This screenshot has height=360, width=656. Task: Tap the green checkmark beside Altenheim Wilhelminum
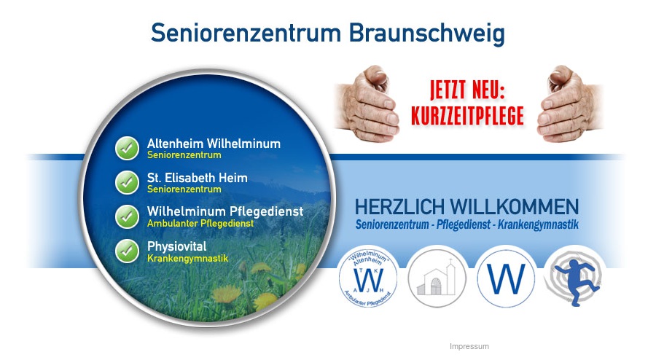click(x=127, y=148)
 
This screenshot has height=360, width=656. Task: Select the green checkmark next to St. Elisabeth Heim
click(x=127, y=182)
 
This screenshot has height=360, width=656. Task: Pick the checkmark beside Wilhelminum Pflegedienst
click(x=127, y=216)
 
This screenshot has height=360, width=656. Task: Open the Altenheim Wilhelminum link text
click(x=214, y=144)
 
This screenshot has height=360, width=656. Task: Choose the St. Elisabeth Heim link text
click(x=197, y=178)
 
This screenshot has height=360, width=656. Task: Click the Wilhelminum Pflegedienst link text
click(x=224, y=211)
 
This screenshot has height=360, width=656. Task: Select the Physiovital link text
click(x=177, y=246)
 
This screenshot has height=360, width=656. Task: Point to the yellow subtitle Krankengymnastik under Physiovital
click(x=187, y=259)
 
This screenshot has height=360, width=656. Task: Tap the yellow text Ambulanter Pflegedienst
click(x=200, y=224)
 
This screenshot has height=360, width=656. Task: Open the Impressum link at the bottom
click(x=469, y=347)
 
